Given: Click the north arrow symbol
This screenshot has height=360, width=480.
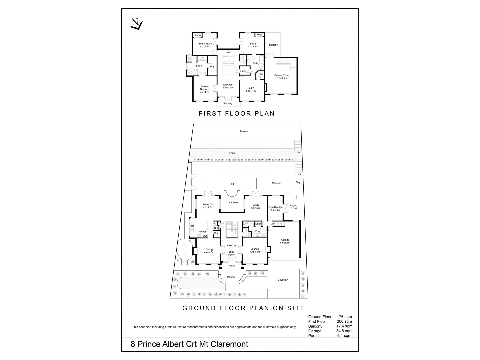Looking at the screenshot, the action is coord(136,25).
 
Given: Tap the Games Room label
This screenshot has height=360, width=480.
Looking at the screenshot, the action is coord(282,75).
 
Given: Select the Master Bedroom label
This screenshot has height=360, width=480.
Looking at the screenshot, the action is coord(205,88).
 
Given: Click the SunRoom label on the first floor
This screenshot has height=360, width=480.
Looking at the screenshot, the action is coord(228,85).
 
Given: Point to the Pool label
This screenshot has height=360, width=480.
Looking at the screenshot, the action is coord(232,184).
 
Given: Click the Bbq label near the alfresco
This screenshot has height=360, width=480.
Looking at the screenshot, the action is coord(297,182).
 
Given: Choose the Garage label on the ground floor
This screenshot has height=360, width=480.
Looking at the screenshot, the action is coord(285,240).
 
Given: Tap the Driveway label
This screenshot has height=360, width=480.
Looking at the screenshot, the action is coord(283,280).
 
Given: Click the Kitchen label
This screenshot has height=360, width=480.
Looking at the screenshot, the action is coord(202,231).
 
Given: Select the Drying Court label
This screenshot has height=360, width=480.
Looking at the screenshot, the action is coord(294,207).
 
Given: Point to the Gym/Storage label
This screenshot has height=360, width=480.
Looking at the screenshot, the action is coord(275,207).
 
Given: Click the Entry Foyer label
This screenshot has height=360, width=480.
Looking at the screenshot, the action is coord(231,253).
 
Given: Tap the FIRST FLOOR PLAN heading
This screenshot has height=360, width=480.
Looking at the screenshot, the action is coord(237,113).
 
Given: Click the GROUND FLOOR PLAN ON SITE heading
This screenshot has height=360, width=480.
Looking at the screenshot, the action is coord(243,308).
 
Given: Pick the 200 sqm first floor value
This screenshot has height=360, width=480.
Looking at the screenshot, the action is coord(345,322).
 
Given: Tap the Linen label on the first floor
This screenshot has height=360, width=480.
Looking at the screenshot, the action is coord(243,71).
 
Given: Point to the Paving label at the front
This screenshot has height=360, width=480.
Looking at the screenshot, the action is coord(231,277).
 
